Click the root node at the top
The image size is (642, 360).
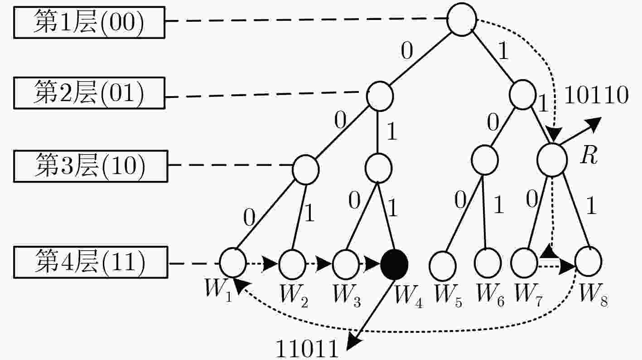tap(462, 19)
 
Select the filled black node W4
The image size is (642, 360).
tap(394, 264)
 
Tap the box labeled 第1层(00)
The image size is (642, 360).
tap(89, 22)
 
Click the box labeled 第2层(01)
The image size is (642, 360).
tap(89, 93)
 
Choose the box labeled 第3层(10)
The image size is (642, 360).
tap(91, 166)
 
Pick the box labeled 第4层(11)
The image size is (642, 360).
tap(91, 262)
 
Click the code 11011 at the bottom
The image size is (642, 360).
tap(307, 349)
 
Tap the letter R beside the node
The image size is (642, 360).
tap(589, 155)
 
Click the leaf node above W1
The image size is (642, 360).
tap(233, 263)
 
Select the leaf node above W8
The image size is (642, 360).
tap(588, 261)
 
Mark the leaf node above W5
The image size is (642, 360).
tap(443, 266)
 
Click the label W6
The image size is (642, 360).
tap(490, 296)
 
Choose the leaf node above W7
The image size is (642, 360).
tap(524, 263)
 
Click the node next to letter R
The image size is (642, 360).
tap(552, 160)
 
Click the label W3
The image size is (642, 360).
tap(347, 297)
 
